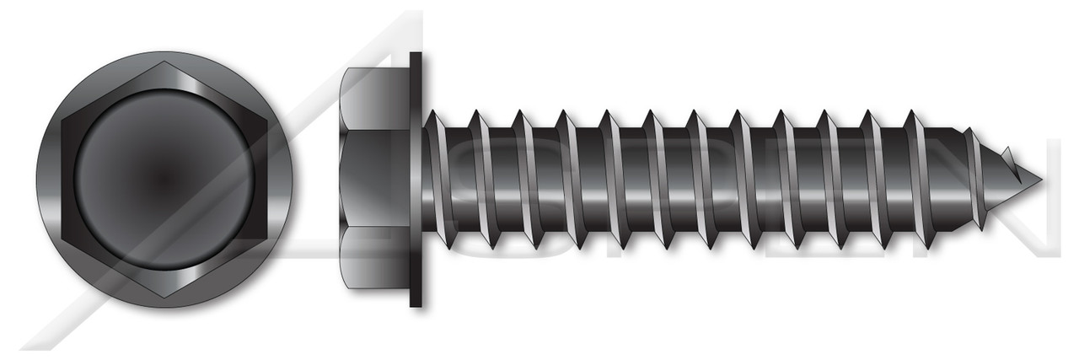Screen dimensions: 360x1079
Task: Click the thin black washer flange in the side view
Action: [416, 179]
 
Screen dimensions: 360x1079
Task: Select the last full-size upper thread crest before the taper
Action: [911, 115]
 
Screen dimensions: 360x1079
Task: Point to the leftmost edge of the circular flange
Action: [36, 179]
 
